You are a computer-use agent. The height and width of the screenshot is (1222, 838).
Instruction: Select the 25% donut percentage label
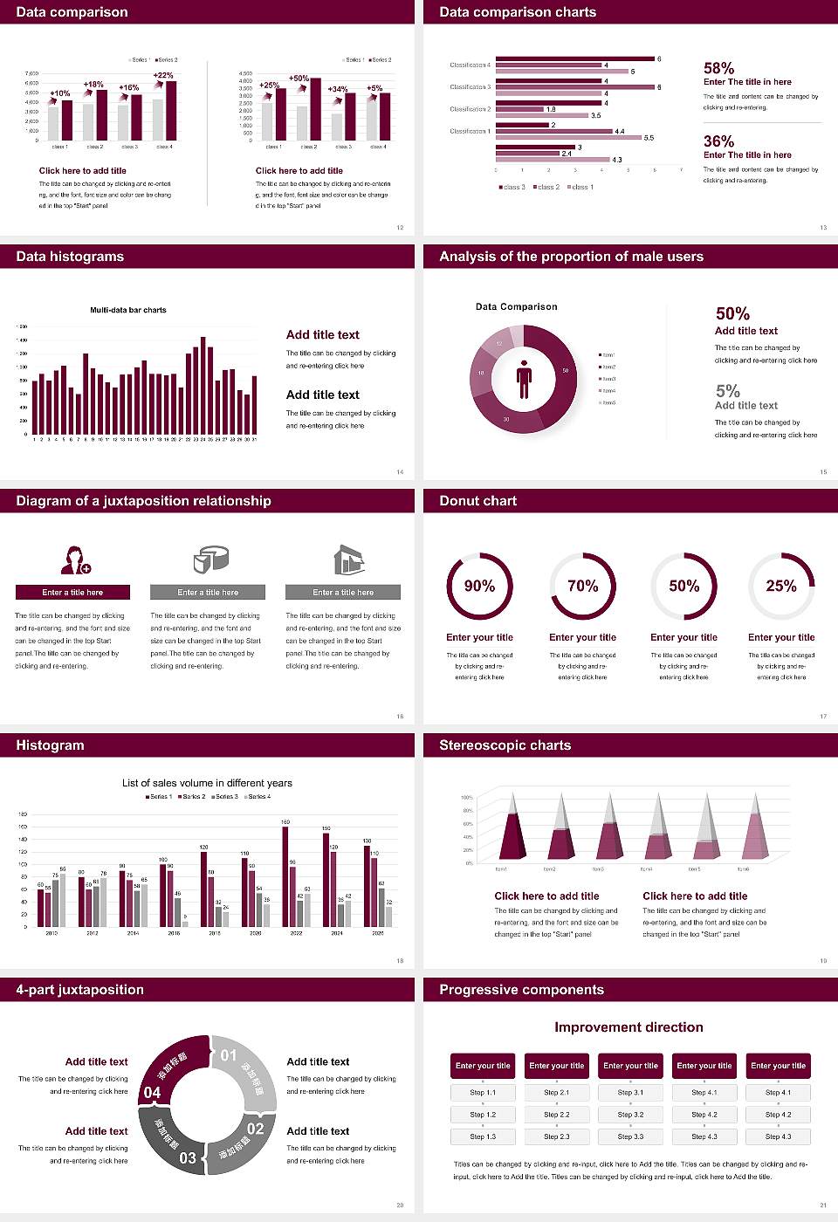780,586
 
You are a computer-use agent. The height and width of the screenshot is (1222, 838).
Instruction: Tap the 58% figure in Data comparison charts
718,68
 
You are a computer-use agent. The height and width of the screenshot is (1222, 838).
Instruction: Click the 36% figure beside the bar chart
718,141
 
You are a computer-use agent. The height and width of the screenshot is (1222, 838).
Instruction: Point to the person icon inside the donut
524,379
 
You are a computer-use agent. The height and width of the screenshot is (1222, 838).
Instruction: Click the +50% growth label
299,79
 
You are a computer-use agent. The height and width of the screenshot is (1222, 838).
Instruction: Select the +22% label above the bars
163,76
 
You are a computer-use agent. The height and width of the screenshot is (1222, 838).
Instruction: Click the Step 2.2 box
557,1115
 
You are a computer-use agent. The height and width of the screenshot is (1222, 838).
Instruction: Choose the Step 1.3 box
483,1136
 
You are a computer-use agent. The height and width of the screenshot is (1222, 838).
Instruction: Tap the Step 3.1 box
630,1093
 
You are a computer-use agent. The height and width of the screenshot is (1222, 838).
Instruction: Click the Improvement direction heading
628,1027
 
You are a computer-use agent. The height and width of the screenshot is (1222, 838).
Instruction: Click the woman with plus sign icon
75,560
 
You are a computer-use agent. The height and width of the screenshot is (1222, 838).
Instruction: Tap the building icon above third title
348,560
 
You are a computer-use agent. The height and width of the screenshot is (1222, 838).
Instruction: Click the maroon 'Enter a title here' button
73,593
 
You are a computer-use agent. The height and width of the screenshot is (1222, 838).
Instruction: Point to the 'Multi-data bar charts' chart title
128,310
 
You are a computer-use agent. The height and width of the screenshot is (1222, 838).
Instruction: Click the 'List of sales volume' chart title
207,783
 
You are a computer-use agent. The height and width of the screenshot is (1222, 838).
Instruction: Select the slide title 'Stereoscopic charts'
505,745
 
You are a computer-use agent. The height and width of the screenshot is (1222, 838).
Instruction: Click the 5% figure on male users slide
727,391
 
